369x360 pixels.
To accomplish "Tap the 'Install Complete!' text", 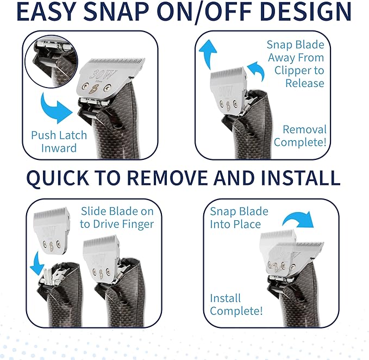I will [x=236, y=305].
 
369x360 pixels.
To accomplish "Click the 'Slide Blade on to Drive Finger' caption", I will [x=117, y=218].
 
